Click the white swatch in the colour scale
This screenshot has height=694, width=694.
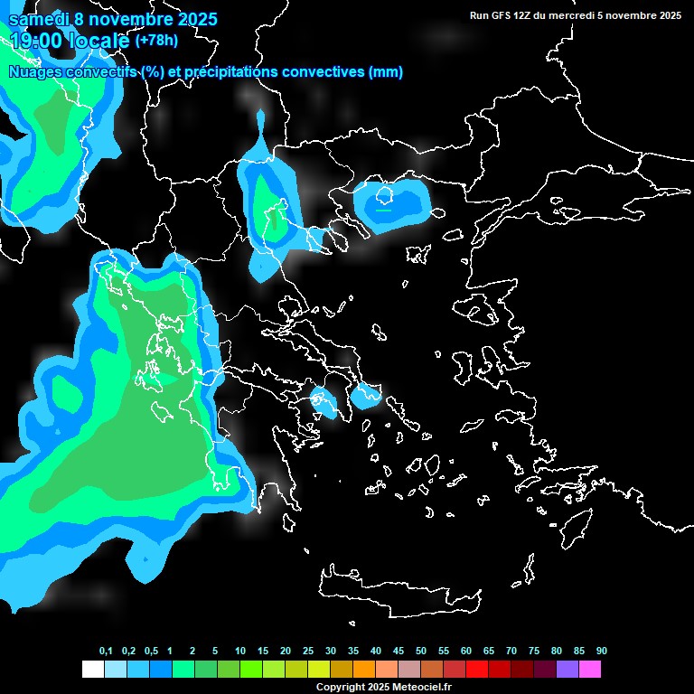[x=92, y=670]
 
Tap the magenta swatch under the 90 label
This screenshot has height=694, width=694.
[x=590, y=670]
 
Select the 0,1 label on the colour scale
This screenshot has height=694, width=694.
[x=106, y=652]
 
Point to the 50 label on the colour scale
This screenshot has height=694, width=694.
[x=421, y=652]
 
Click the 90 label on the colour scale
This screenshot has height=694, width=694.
[x=602, y=652]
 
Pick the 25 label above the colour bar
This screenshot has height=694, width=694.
[x=308, y=652]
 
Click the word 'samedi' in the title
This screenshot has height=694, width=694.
[x=39, y=19]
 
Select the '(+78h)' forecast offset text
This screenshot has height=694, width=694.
[x=156, y=40]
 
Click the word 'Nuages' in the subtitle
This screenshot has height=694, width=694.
[x=35, y=72]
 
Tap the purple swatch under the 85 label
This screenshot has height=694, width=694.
[x=567, y=670]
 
